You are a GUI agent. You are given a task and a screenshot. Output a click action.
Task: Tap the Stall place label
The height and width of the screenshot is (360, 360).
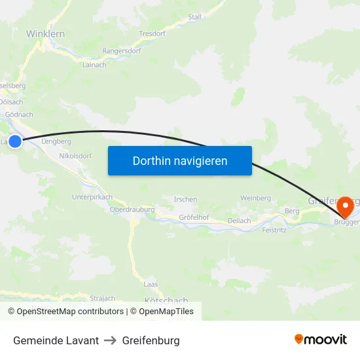tap(194, 16)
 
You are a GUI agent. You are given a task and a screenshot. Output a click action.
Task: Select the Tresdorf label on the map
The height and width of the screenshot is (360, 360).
tap(152, 33)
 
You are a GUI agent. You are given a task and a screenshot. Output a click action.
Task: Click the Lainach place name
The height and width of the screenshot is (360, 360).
tap(96, 64)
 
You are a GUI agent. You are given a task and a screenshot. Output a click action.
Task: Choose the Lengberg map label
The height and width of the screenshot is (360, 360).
tap(56, 141)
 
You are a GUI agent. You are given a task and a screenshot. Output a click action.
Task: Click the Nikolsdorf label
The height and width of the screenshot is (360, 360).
tap(75, 156)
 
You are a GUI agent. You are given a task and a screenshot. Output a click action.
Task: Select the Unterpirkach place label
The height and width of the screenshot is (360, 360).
tap(92, 196)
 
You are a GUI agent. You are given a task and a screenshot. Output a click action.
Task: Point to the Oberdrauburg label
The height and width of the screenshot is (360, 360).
tap(132, 209)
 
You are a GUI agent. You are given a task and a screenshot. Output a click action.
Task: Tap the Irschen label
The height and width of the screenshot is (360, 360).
tap(186, 199)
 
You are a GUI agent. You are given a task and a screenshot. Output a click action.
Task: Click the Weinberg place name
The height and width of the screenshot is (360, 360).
tap(256, 198)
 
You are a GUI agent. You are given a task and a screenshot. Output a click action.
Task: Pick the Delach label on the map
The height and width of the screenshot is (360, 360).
tap(239, 221)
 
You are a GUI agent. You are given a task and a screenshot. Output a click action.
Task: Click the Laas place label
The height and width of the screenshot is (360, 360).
tap(151, 284)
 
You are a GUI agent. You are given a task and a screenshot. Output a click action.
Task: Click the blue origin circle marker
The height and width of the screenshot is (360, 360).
tap(14, 141)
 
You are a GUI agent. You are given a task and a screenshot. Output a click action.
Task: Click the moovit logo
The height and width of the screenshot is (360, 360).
tap(320, 339)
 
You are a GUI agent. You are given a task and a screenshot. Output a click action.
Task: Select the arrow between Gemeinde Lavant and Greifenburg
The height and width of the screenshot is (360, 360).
tap(110, 340)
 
